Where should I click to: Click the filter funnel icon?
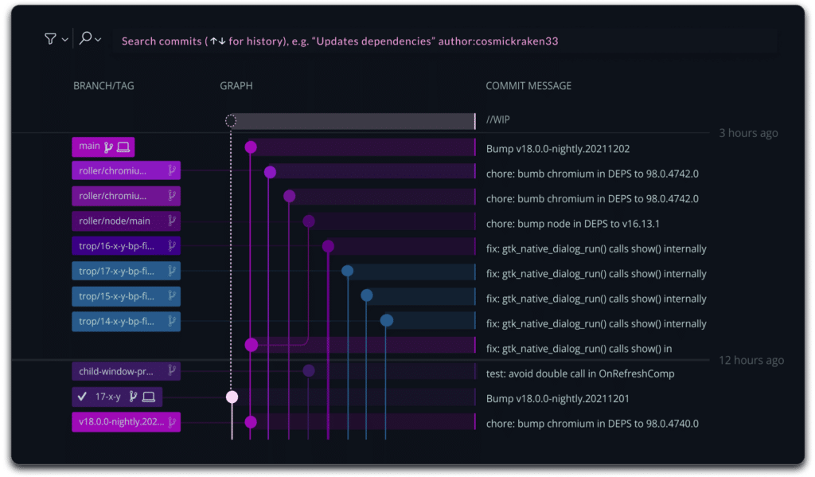click(x=50, y=39)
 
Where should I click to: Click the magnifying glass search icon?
click(x=86, y=39)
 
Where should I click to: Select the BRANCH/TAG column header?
click(x=103, y=86)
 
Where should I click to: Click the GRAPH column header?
click(x=236, y=86)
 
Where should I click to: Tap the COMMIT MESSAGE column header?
click(x=528, y=86)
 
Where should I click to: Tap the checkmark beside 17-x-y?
click(x=81, y=397)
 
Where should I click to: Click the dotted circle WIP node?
click(x=231, y=121)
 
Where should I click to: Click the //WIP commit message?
click(x=498, y=121)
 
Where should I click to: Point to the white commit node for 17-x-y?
click(x=232, y=397)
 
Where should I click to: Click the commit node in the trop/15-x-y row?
click(x=367, y=295)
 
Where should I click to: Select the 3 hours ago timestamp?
click(x=748, y=133)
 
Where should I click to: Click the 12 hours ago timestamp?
click(x=751, y=360)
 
